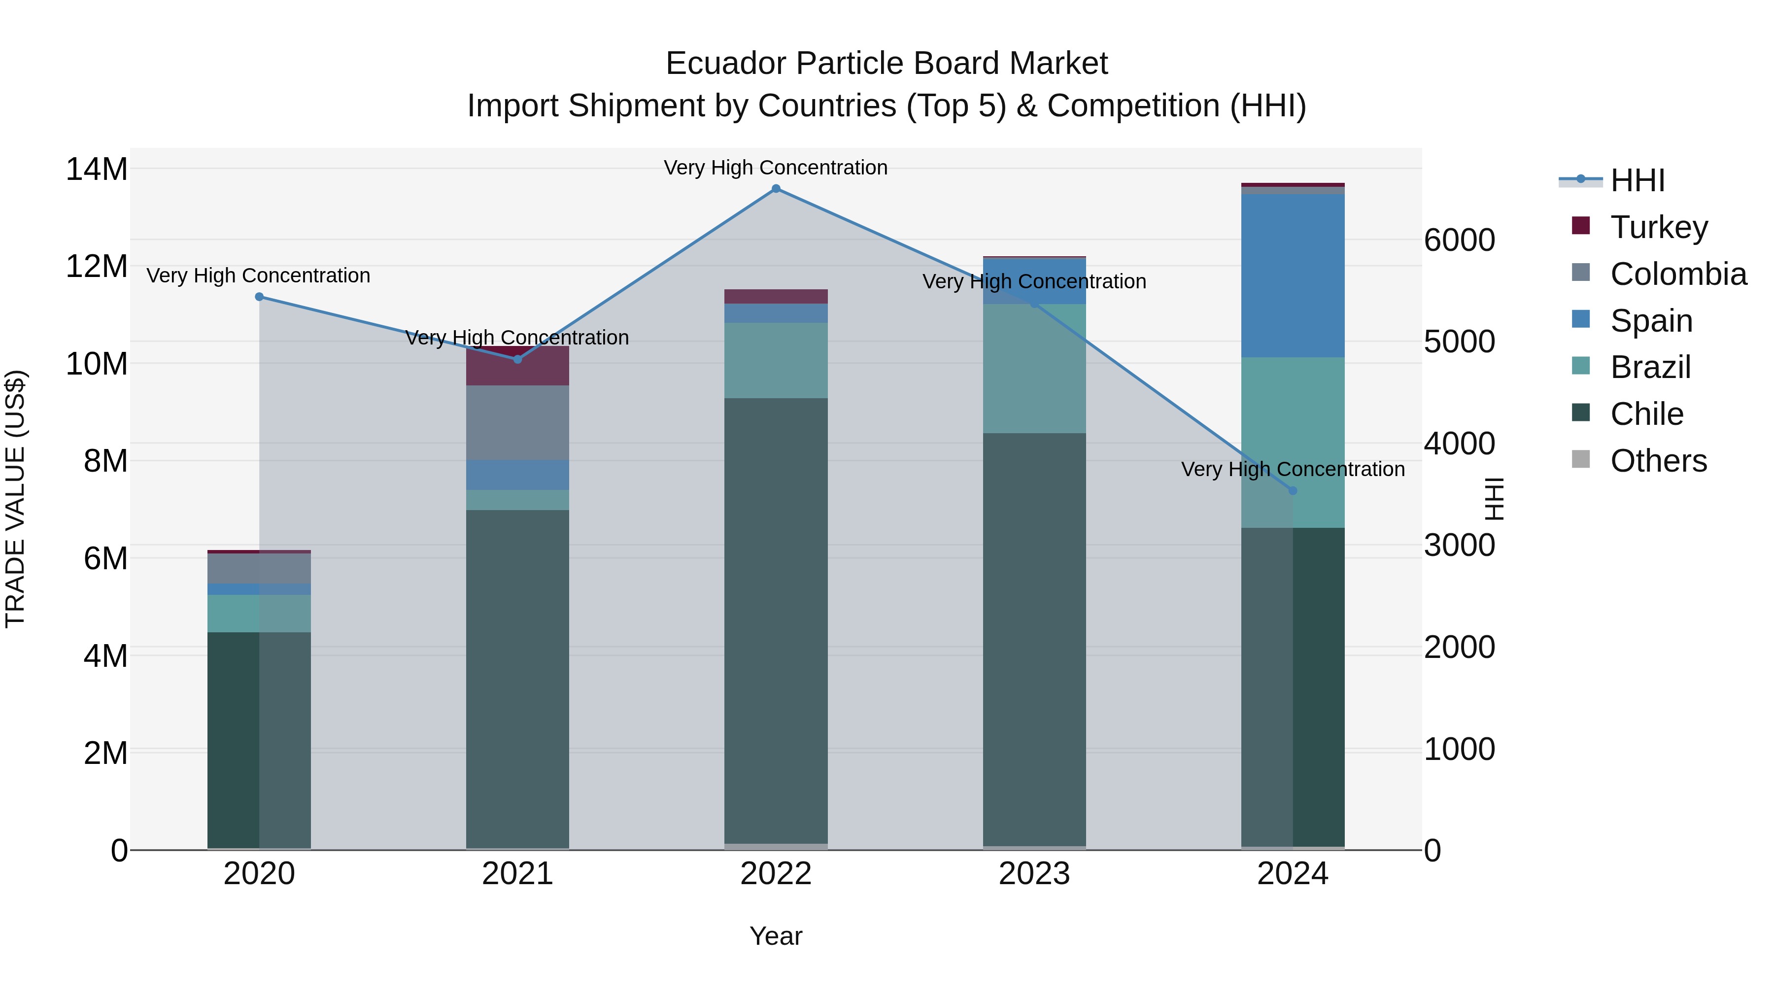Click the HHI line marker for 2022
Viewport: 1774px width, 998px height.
776,189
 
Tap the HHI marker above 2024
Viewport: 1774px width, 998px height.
1292,490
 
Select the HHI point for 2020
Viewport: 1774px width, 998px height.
259,297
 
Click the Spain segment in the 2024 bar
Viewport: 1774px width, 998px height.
1292,275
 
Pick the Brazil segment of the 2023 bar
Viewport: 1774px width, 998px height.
1034,369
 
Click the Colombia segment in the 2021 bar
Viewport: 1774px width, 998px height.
517,422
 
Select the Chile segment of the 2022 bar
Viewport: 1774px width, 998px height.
776,620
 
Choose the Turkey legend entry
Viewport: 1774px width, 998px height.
1658,227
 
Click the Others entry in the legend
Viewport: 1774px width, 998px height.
1658,461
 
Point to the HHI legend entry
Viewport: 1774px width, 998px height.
1637,180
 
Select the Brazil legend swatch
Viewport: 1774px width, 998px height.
1581,366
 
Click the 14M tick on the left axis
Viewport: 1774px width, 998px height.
97,170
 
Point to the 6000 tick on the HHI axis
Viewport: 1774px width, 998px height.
1459,241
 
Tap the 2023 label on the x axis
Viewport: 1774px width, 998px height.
1034,874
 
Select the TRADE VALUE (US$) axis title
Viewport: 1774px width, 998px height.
15,499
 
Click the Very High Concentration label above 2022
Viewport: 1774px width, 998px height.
776,168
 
